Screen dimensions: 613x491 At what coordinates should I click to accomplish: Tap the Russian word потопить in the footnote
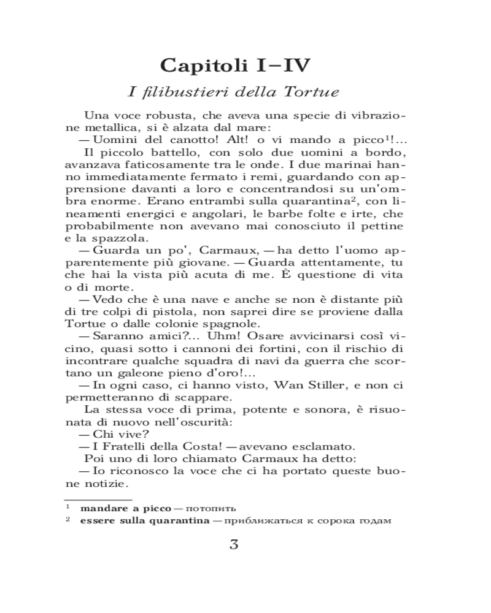pyautogui.click(x=211, y=509)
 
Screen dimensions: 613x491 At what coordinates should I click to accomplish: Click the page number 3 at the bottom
pyautogui.click(x=234, y=545)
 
